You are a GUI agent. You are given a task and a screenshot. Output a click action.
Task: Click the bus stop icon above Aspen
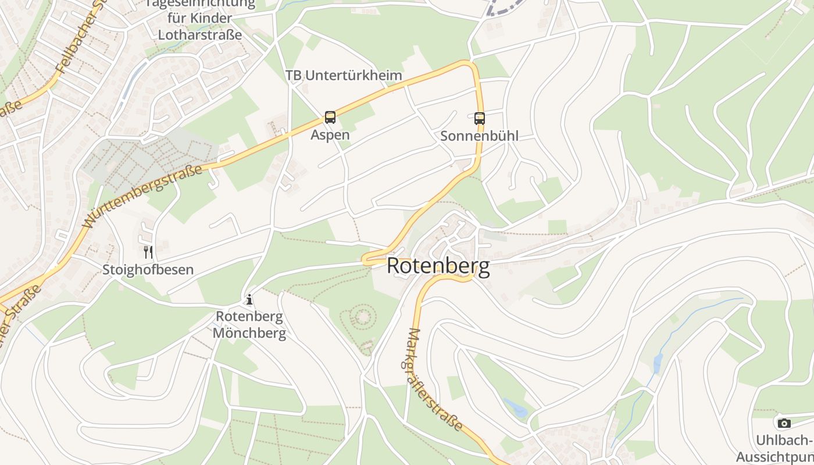330,117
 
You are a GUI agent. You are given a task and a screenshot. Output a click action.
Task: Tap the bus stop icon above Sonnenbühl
480,119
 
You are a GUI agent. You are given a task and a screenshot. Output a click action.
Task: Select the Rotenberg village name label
438,266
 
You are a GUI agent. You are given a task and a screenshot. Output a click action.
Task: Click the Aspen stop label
330,135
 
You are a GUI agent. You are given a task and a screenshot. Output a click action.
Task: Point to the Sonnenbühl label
479,136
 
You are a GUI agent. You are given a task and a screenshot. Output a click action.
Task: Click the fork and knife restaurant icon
148,252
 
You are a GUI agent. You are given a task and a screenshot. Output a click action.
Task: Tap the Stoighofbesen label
148,270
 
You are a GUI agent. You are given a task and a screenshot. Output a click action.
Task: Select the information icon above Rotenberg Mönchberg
249,300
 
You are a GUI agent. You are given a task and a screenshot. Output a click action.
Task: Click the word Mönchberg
249,333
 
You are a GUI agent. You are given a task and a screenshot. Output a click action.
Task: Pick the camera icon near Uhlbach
784,423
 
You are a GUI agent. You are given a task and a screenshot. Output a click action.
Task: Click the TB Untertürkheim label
344,76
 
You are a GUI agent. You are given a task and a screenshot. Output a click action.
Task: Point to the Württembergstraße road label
143,196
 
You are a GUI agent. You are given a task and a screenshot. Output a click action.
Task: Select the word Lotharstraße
200,34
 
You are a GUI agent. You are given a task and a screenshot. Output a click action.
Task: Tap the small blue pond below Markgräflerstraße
515,408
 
